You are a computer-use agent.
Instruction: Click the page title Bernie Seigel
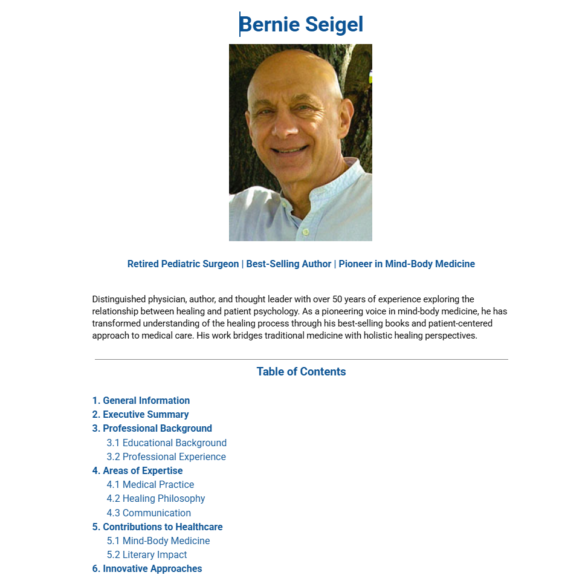tap(301, 25)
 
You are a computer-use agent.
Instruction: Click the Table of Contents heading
tap(301, 372)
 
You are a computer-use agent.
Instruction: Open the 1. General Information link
tap(141, 401)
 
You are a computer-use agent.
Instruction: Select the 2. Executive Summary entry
tap(140, 415)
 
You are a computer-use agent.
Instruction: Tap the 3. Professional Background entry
tap(152, 429)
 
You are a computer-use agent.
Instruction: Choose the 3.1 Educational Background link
tap(167, 443)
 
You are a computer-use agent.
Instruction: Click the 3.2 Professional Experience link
tap(166, 457)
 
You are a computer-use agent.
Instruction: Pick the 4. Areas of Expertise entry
tap(137, 471)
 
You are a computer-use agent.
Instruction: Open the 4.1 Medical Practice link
tap(150, 485)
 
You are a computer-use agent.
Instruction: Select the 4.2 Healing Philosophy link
tap(156, 499)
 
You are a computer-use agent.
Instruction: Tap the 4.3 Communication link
tap(149, 513)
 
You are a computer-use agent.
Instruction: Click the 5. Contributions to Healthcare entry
tap(157, 527)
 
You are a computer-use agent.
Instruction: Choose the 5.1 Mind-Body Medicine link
tap(158, 541)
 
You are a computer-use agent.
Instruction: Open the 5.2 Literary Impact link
tap(147, 555)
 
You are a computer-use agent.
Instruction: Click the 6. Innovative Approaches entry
tap(147, 569)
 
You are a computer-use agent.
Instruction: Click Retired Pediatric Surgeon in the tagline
tap(183, 264)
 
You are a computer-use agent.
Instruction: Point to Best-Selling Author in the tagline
tap(289, 264)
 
